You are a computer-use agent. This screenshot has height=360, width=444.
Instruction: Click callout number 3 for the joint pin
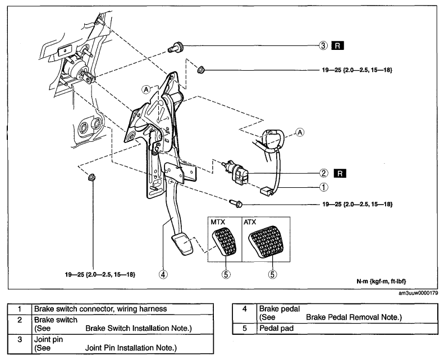pyautogui.click(x=323, y=45)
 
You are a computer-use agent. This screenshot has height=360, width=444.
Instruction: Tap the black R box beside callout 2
pyautogui.click(x=340, y=173)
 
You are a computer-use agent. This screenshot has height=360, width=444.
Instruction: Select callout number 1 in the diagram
pyautogui.click(x=324, y=187)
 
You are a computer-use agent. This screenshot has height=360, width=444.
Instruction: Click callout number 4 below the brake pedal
pyautogui.click(x=163, y=274)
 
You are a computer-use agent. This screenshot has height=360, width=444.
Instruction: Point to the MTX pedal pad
pyautogui.click(x=224, y=242)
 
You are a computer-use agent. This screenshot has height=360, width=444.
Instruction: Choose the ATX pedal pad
pyautogui.click(x=266, y=241)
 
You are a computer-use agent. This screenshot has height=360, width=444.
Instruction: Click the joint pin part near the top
pyautogui.click(x=175, y=47)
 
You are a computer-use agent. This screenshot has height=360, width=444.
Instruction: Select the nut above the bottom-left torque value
pyautogui.click(x=91, y=178)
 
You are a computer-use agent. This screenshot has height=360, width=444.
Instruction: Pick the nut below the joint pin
pyautogui.click(x=201, y=69)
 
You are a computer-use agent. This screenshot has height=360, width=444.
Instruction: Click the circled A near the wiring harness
pyautogui.click(x=300, y=132)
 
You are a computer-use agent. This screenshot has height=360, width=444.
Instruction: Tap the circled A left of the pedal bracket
pyautogui.click(x=146, y=90)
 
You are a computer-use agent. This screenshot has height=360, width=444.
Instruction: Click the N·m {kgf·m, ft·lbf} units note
pyautogui.click(x=381, y=281)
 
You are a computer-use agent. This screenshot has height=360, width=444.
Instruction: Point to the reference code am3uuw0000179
pyautogui.click(x=418, y=293)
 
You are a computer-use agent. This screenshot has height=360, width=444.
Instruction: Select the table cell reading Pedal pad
pyautogui.click(x=347, y=329)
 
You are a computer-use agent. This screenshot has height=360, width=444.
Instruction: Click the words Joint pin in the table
pyautogui.click(x=48, y=339)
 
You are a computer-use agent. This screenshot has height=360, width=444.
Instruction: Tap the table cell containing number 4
pyautogui.click(x=245, y=313)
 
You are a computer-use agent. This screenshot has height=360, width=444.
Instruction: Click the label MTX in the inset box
pyautogui.click(x=218, y=222)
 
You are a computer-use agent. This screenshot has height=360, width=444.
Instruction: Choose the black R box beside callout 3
pyautogui.click(x=337, y=45)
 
